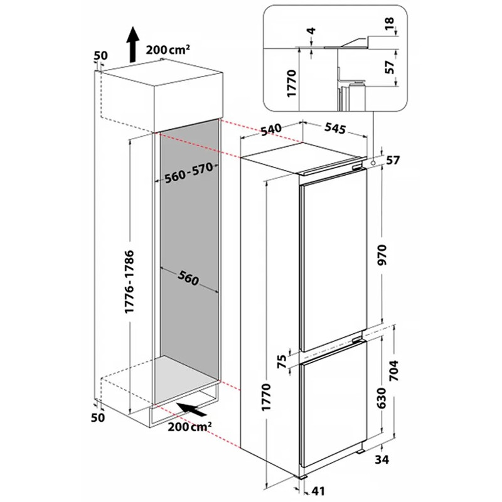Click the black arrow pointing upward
pyautogui.click(x=132, y=44)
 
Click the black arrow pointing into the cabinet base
pyautogui.click(x=191, y=409)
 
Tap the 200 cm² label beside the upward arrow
pyautogui.click(x=168, y=50)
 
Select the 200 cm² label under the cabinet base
pyautogui.click(x=190, y=427)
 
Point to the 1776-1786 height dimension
pyautogui.click(x=129, y=282)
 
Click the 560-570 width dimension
pyautogui.click(x=189, y=173)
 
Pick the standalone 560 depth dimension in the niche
pyautogui.click(x=189, y=277)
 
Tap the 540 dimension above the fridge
pyautogui.click(x=271, y=130)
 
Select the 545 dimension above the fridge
pyautogui.click(x=335, y=128)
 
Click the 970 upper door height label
pyautogui.click(x=382, y=255)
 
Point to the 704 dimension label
pyautogui.click(x=393, y=370)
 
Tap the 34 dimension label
pyautogui.click(x=382, y=459)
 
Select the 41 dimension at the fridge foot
pyautogui.click(x=318, y=491)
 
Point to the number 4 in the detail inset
pyautogui.click(x=311, y=31)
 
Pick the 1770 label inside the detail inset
pyautogui.click(x=292, y=83)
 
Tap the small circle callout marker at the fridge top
pyautogui.click(x=373, y=163)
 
